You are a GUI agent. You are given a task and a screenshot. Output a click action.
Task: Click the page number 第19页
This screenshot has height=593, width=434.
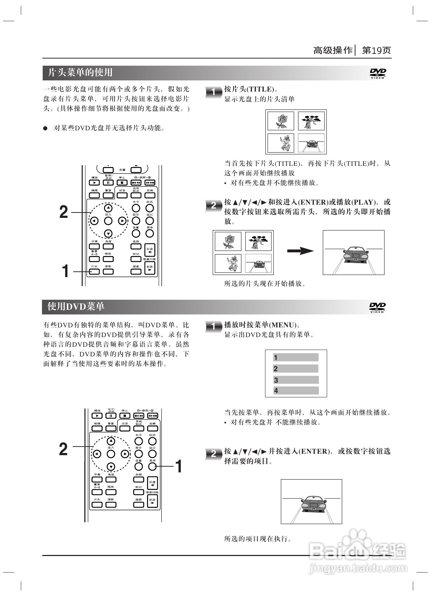tap(376, 50)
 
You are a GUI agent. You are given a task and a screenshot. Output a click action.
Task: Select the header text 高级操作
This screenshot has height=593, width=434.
tap(333, 50)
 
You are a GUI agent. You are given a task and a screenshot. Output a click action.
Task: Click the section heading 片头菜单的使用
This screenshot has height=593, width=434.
tap(80, 73)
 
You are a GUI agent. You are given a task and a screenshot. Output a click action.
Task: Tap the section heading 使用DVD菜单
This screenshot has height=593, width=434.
tap(76, 306)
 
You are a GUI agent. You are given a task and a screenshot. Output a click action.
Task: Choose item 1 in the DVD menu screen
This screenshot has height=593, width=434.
tap(296, 358)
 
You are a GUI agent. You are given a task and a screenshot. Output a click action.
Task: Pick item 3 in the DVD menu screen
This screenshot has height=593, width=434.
tap(296, 380)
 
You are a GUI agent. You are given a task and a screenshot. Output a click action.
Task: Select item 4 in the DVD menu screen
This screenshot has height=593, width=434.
tap(296, 391)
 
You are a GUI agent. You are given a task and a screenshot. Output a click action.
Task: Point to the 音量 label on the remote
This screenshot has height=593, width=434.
tap(122, 170)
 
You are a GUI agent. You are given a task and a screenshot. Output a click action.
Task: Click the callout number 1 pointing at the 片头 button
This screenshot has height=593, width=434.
tap(65, 271)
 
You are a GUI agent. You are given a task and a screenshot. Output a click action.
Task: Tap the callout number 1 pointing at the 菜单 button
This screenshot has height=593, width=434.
tap(178, 466)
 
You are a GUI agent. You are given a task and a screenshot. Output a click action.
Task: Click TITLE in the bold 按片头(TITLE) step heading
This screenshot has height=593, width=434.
tap(261, 89)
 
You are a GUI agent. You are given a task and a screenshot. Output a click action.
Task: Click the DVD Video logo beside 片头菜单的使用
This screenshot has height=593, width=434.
tap(378, 73)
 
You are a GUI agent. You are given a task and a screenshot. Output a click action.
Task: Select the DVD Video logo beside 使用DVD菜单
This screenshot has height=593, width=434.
tap(378, 307)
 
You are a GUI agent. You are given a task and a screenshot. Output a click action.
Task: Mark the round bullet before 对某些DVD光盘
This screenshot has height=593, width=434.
tap(46, 128)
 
